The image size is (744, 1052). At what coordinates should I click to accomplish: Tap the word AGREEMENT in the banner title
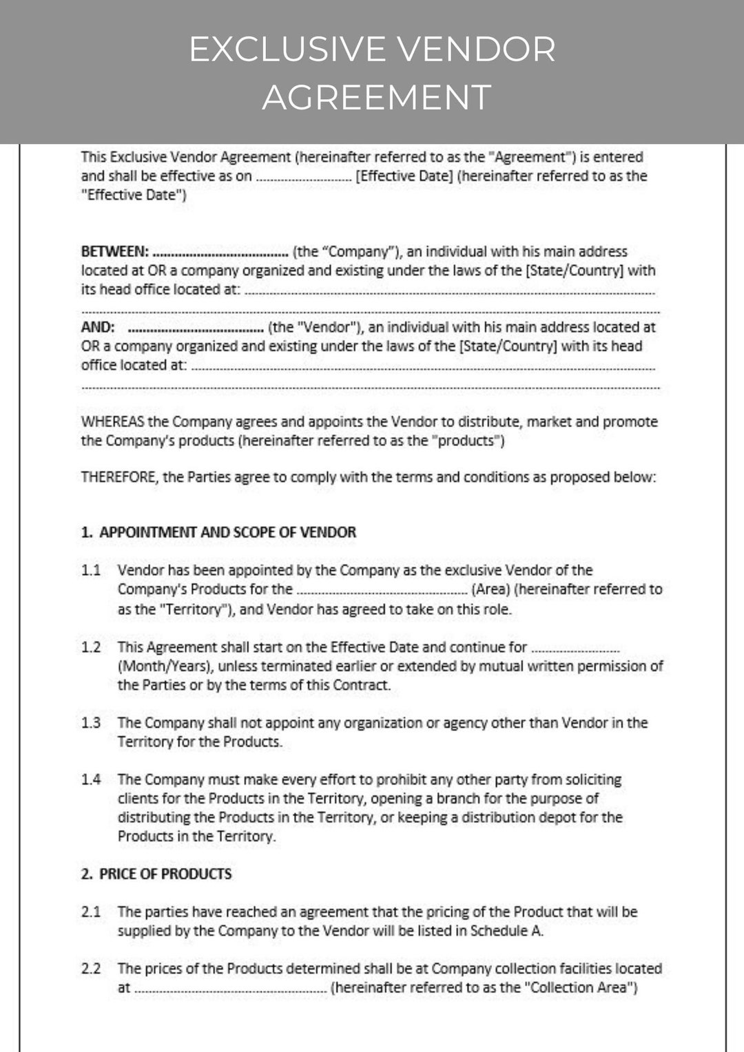(376, 97)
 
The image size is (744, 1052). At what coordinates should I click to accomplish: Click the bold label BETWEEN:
(114, 252)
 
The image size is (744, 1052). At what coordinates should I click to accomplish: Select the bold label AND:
(98, 328)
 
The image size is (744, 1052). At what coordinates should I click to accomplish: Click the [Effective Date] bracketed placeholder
(404, 176)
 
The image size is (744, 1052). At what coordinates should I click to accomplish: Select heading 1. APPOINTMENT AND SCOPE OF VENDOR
(218, 532)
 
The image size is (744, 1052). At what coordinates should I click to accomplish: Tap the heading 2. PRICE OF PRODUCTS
(156, 874)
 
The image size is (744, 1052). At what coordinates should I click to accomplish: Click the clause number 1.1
(91, 571)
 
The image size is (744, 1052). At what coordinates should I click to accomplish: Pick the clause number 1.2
(91, 647)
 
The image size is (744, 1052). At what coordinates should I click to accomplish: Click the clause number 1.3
(91, 723)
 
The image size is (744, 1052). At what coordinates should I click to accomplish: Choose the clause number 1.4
(91, 779)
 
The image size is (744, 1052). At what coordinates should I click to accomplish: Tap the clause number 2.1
(91, 912)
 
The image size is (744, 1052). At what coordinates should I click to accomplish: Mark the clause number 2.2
(91, 969)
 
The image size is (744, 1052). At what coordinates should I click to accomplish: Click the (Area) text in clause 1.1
(490, 589)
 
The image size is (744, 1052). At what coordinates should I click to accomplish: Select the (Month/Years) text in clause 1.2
(165, 666)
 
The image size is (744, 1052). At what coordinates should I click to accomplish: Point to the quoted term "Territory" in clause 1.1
(196, 609)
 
